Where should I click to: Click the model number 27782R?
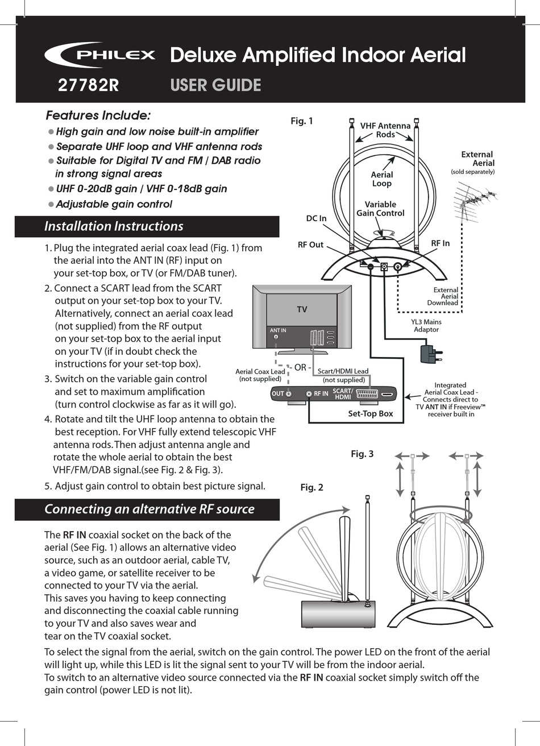(x=88, y=85)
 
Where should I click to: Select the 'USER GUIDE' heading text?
(x=215, y=85)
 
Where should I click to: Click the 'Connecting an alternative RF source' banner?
(x=149, y=509)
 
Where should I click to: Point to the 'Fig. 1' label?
(x=302, y=121)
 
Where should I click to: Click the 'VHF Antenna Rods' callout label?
(x=385, y=130)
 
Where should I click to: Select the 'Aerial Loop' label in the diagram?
(x=381, y=179)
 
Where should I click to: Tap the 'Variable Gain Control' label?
(x=380, y=209)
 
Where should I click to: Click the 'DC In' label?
(x=316, y=218)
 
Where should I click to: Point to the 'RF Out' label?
(x=310, y=244)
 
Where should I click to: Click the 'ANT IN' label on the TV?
(x=278, y=330)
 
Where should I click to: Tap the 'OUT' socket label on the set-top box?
(x=278, y=393)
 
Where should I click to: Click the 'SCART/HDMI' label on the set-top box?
(x=343, y=393)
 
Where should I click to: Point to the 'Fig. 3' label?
(x=362, y=453)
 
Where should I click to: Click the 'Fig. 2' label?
(x=311, y=487)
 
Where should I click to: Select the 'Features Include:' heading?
(x=98, y=115)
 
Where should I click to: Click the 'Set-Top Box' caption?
(x=370, y=413)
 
